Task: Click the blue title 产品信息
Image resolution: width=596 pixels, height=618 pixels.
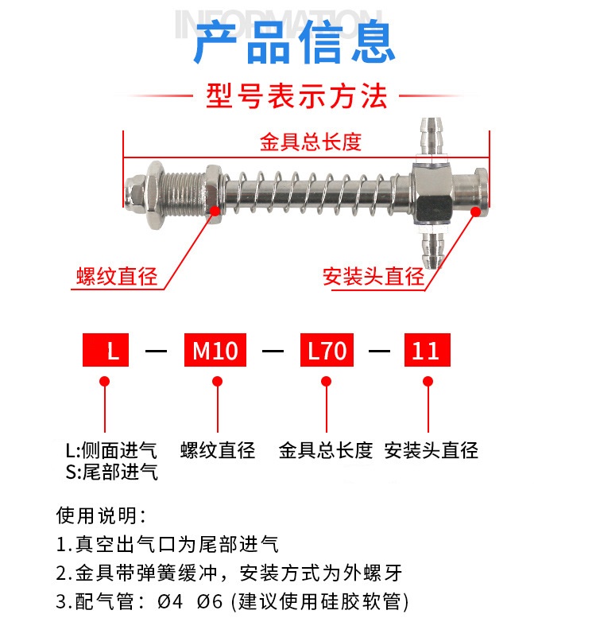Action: click(x=295, y=45)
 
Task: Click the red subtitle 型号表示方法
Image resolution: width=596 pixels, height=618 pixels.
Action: click(x=296, y=96)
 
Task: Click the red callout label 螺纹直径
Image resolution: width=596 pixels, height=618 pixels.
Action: click(x=117, y=277)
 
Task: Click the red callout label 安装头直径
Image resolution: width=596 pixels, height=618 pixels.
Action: click(x=373, y=277)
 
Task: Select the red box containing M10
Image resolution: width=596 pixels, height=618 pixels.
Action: click(x=215, y=351)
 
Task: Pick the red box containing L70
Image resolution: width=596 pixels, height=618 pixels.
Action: click(x=326, y=351)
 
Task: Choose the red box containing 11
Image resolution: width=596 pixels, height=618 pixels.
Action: click(x=428, y=351)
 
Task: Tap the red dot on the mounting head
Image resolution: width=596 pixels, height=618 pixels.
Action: click(x=476, y=212)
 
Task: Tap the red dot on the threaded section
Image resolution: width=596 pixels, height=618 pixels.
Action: click(x=214, y=210)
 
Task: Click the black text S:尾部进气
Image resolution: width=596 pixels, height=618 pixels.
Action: click(x=111, y=472)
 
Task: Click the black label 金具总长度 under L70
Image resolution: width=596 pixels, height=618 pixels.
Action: click(x=326, y=451)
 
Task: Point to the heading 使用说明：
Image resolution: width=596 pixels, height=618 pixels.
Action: click(x=102, y=515)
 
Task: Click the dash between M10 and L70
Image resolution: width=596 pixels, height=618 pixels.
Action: click(x=273, y=351)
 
